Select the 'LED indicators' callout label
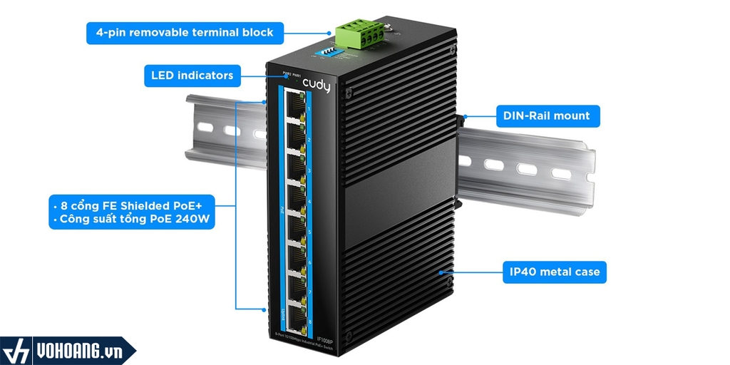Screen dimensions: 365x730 192,75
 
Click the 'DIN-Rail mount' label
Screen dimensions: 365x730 546,115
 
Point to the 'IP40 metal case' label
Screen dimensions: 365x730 555,272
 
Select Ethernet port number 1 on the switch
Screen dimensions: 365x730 292,106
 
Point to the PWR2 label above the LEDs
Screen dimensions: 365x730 286,73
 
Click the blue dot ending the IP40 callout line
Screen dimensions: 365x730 443,272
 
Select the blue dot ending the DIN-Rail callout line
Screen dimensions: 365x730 464,115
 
